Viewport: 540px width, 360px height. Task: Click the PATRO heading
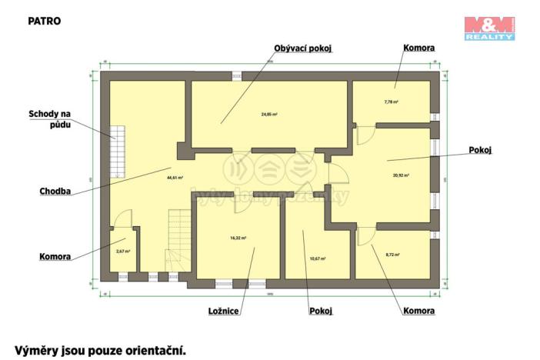[x=44, y=21]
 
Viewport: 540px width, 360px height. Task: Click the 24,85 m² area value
[x=268, y=114]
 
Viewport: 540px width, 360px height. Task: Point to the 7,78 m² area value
[x=392, y=101]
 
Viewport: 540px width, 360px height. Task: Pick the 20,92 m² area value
[x=401, y=175]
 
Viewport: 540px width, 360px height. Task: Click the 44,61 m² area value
[x=175, y=177]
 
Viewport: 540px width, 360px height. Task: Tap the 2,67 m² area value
[x=123, y=252]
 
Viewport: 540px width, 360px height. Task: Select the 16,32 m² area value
[x=238, y=238]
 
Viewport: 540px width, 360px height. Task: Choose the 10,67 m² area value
[x=317, y=258]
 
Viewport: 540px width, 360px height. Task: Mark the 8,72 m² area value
[x=392, y=254]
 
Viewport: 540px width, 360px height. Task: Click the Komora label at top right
[x=418, y=48]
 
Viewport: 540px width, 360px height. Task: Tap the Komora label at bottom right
[x=418, y=311]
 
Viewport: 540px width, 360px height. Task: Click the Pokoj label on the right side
[x=479, y=151]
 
